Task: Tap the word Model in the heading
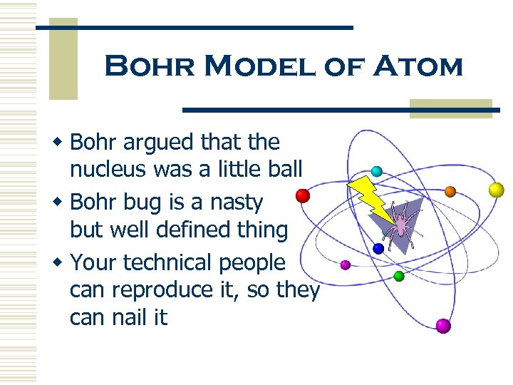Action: pos(258,68)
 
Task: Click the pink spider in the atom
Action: pos(401,223)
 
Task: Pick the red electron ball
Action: pos(303,195)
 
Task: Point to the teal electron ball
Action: pos(376,171)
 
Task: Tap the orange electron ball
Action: pos(450,191)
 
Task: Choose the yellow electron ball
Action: pos(496,190)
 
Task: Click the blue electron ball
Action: pos(378,248)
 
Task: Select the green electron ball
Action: pos(399,275)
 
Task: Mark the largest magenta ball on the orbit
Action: pos(443,326)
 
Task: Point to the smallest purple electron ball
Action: pos(346,265)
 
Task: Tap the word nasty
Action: pos(236,202)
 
